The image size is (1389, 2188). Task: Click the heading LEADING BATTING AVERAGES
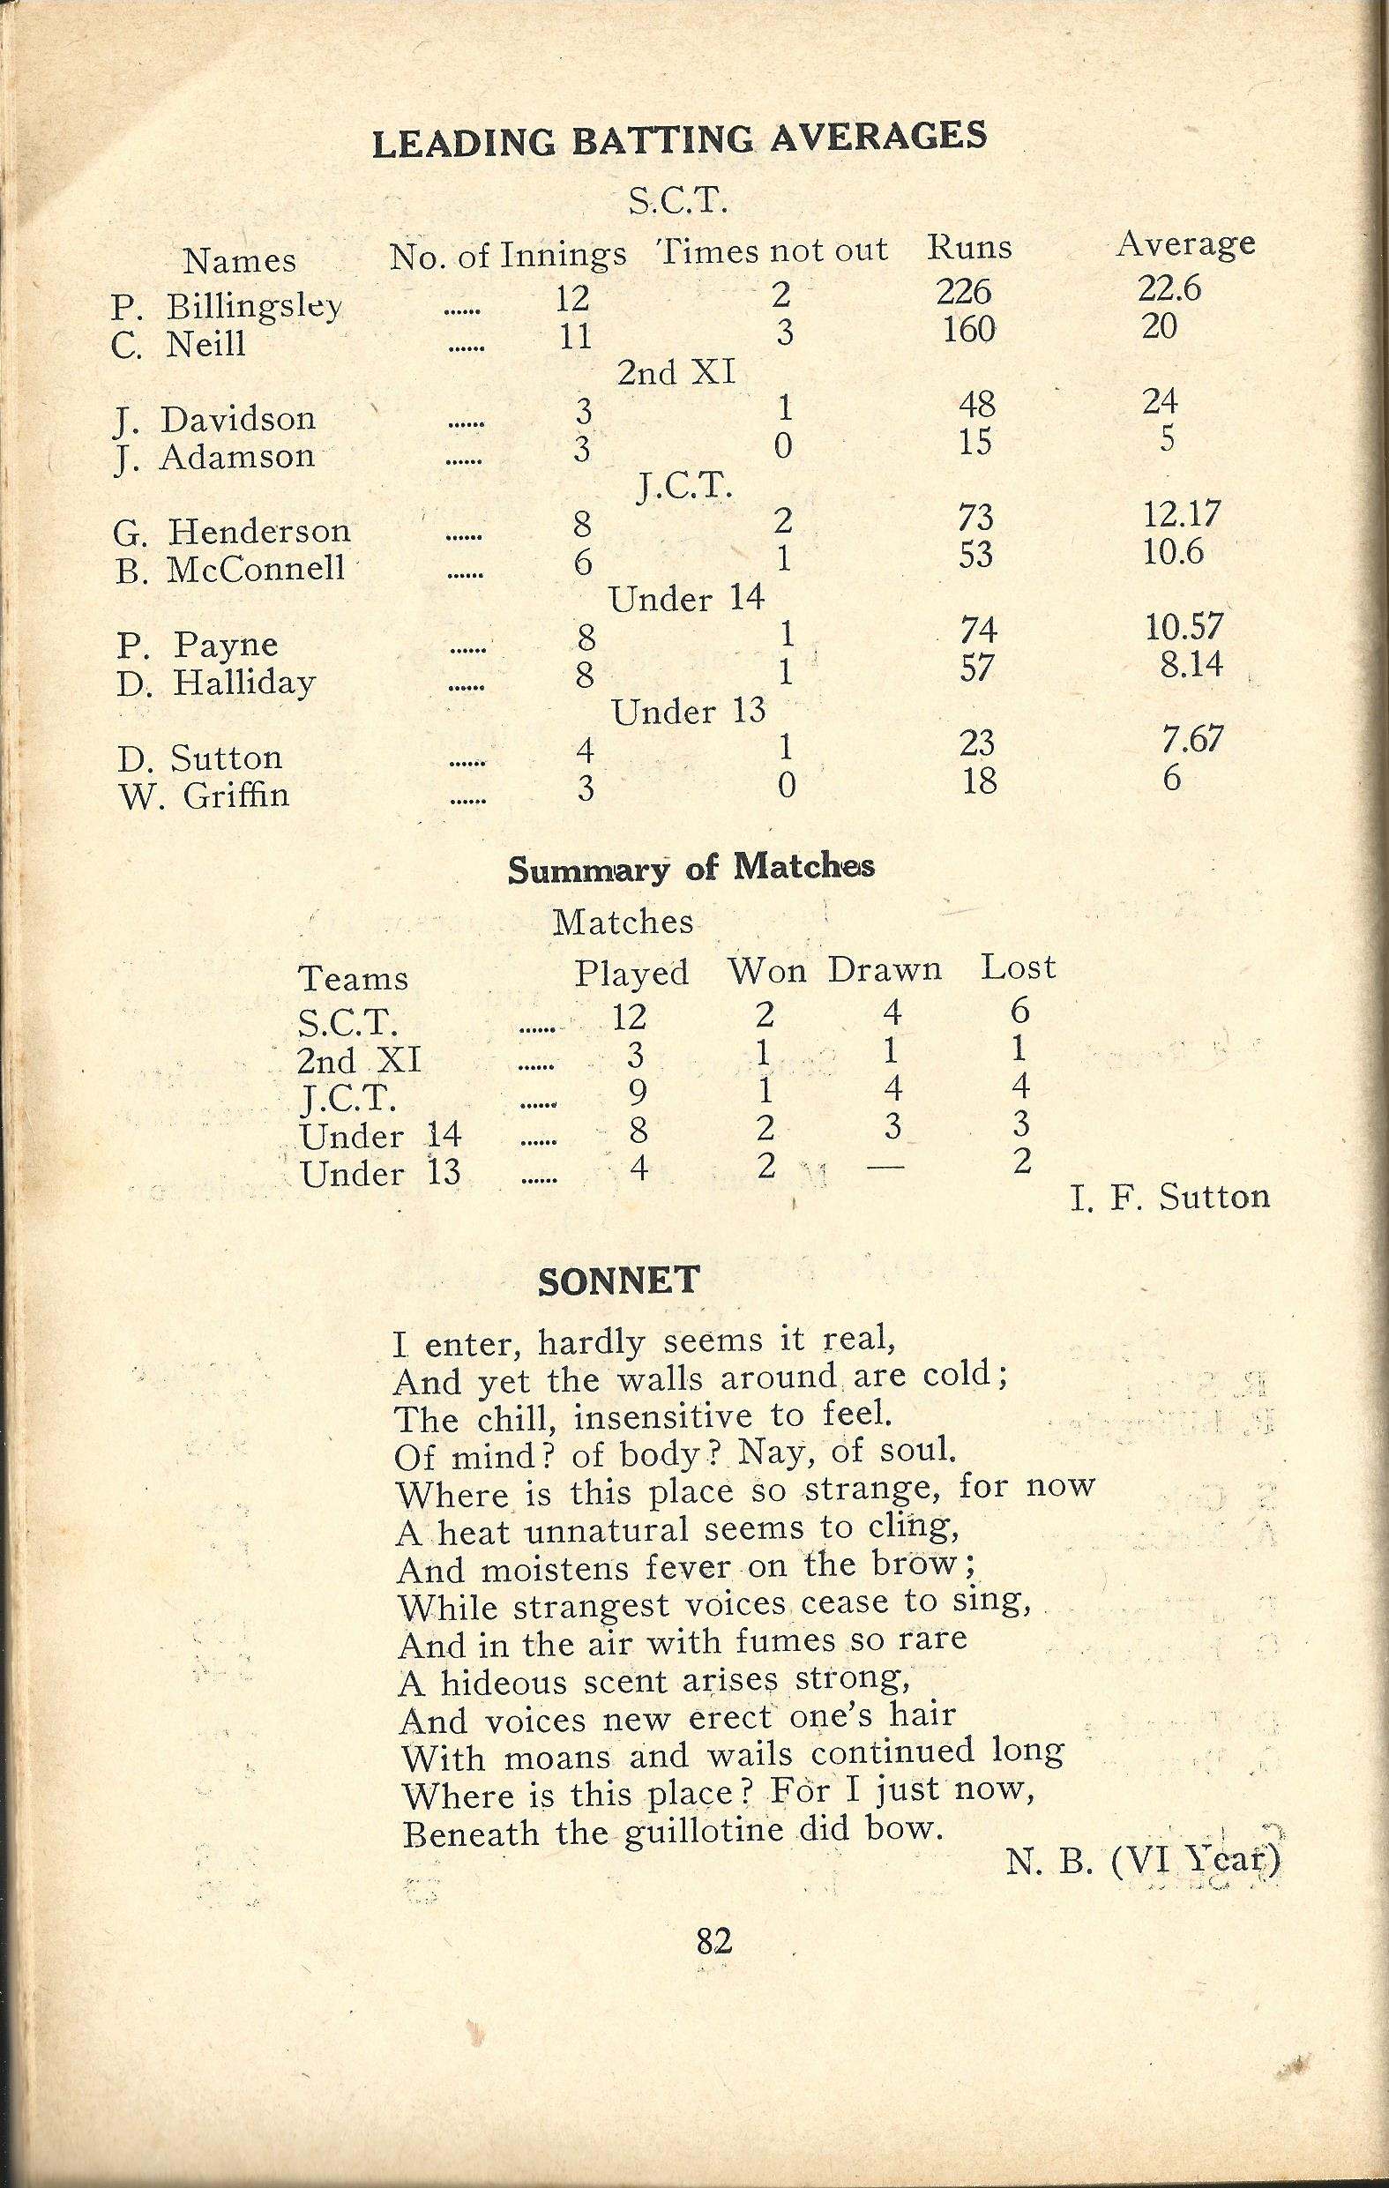[680, 141]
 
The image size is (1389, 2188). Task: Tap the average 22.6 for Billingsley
[1169, 288]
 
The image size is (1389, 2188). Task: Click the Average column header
[1185, 243]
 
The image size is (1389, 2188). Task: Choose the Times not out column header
[773, 250]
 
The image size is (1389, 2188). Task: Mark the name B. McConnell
[231, 569]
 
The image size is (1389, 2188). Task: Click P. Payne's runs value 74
[975, 630]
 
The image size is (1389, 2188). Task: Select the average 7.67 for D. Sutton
[1191, 739]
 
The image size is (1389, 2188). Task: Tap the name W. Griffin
[205, 795]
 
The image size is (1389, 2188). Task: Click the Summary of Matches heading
[691, 867]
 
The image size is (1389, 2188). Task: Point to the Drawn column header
[884, 969]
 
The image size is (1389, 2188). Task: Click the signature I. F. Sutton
[1170, 1198]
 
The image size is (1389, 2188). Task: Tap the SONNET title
[618, 1281]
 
